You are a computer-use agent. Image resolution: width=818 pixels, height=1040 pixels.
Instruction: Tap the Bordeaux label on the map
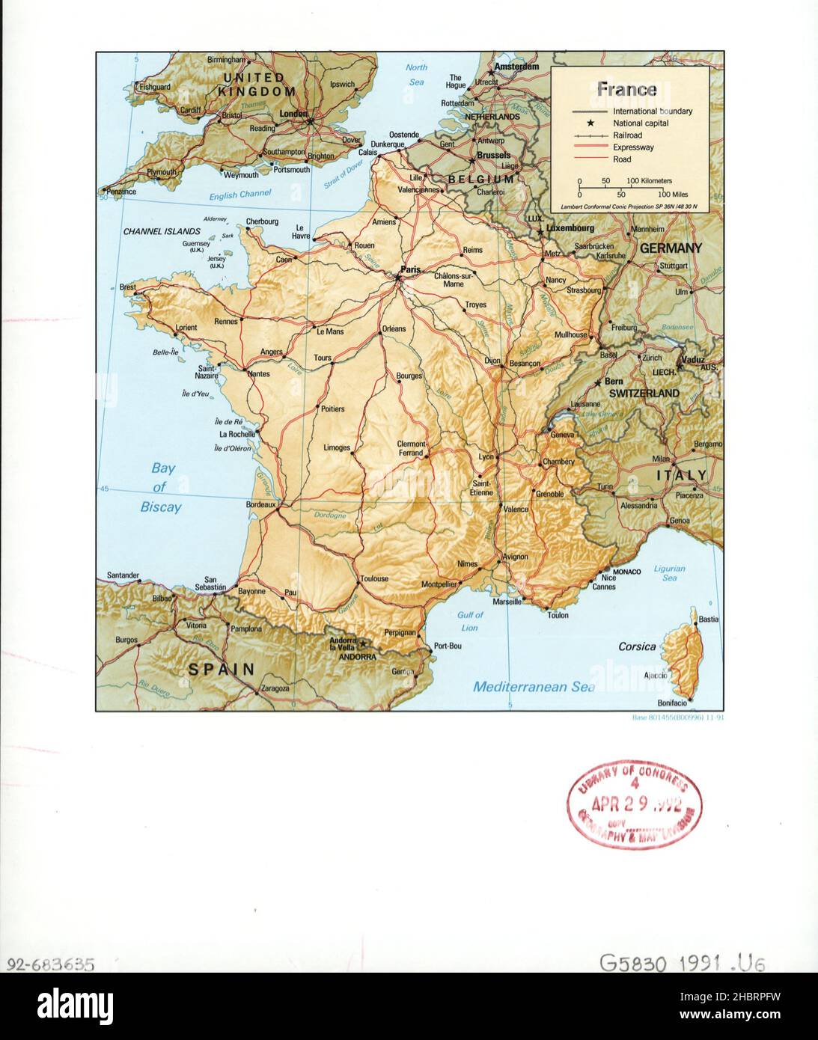tap(260, 504)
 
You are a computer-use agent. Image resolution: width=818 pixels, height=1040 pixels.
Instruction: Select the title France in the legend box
tap(626, 89)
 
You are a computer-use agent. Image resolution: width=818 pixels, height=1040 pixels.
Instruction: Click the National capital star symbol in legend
tap(590, 123)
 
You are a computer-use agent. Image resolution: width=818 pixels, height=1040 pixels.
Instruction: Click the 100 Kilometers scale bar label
tap(649, 181)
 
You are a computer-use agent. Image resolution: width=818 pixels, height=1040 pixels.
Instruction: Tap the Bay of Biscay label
tap(162, 488)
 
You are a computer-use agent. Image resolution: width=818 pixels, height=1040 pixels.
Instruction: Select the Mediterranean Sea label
tap(534, 686)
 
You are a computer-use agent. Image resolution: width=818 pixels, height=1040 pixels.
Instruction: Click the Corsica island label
tap(637, 646)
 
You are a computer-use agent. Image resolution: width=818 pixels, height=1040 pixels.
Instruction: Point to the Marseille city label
tap(507, 602)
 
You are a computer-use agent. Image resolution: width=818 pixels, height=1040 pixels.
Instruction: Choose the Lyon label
tap(486, 456)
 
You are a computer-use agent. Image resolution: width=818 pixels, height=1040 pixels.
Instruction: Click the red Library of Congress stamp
tap(635, 804)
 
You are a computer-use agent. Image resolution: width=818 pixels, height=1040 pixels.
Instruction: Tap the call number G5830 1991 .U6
tap(682, 962)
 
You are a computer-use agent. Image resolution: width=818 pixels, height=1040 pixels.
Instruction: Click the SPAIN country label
tap(221, 669)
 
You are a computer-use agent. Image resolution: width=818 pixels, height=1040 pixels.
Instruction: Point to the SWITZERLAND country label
tap(644, 393)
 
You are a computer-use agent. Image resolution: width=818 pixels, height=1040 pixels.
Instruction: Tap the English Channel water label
tap(239, 195)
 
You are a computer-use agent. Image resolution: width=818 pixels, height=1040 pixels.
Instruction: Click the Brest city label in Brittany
tap(128, 287)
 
